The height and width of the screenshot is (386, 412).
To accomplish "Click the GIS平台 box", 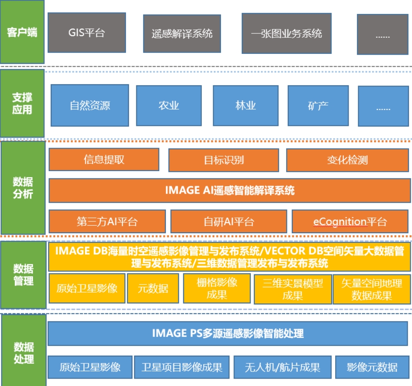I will (86, 33).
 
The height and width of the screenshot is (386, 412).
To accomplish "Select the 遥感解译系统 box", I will (182, 33).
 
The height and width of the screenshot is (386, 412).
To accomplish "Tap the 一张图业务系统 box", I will (286, 33).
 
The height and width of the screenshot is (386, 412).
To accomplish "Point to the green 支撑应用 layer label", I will (22, 103).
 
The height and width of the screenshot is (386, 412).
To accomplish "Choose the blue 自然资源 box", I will (90, 105).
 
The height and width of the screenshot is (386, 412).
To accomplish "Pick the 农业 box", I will (168, 105).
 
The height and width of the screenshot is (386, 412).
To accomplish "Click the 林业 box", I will (245, 105).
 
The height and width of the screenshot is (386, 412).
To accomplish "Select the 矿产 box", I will (318, 105).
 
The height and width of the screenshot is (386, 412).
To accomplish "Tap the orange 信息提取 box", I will (104, 159).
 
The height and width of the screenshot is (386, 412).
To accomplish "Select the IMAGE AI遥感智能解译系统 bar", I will (230, 190).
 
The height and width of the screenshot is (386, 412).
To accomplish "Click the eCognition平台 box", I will (350, 222).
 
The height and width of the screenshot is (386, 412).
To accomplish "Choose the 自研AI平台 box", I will (228, 222).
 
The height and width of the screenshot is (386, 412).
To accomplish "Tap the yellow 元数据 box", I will (153, 288).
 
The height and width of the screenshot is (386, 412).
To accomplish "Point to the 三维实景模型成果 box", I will (293, 289).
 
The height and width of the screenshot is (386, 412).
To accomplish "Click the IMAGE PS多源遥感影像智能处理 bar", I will (228, 333).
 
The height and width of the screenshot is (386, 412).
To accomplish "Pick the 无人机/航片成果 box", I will (282, 367).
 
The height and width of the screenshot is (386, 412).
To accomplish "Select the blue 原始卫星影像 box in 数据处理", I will (90, 367).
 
